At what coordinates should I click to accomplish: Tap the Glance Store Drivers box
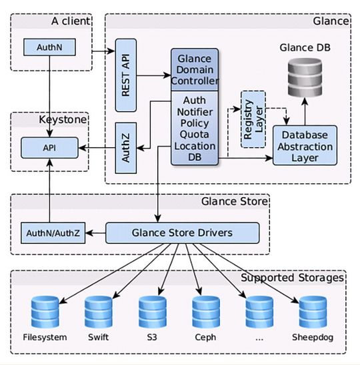tap(182, 233)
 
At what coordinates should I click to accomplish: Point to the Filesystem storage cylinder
tap(45, 311)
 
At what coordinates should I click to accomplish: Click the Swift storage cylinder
tap(98, 311)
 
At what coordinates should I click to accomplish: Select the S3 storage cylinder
tap(152, 311)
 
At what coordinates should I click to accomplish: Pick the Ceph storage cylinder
tap(205, 311)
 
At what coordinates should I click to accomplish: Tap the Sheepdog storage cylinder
tap(313, 311)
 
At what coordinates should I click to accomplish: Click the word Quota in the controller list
tap(195, 134)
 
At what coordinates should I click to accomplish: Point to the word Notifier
tap(195, 112)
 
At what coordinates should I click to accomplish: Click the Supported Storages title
tap(292, 277)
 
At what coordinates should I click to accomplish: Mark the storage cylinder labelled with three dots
tap(259, 311)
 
